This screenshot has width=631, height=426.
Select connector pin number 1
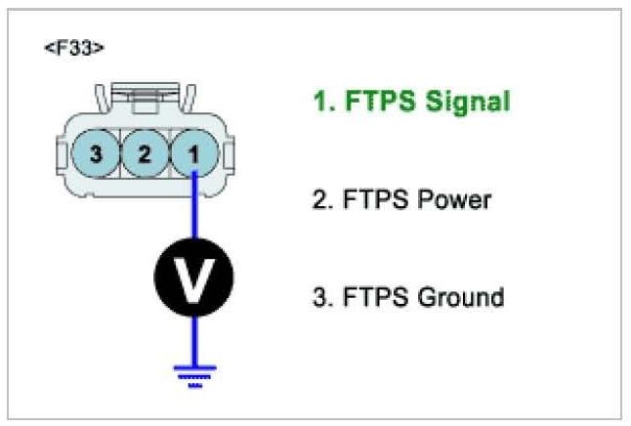pos(193,153)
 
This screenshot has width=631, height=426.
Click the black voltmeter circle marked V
pos(193,280)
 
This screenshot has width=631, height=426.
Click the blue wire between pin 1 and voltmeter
pos(194,210)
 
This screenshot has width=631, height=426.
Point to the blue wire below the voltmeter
pos(193,337)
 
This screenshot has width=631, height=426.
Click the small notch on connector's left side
pos(59,154)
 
